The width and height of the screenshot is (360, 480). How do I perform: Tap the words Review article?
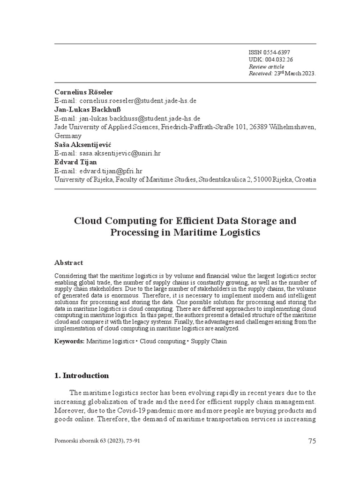[x=266, y=67]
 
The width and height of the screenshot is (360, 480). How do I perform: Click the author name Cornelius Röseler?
[x=84, y=92]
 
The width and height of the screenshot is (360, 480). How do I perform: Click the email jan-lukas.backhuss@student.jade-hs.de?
[x=140, y=118]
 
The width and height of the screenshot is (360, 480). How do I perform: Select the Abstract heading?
[x=68, y=262]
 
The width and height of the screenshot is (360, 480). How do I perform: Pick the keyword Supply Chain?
[x=209, y=341]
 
